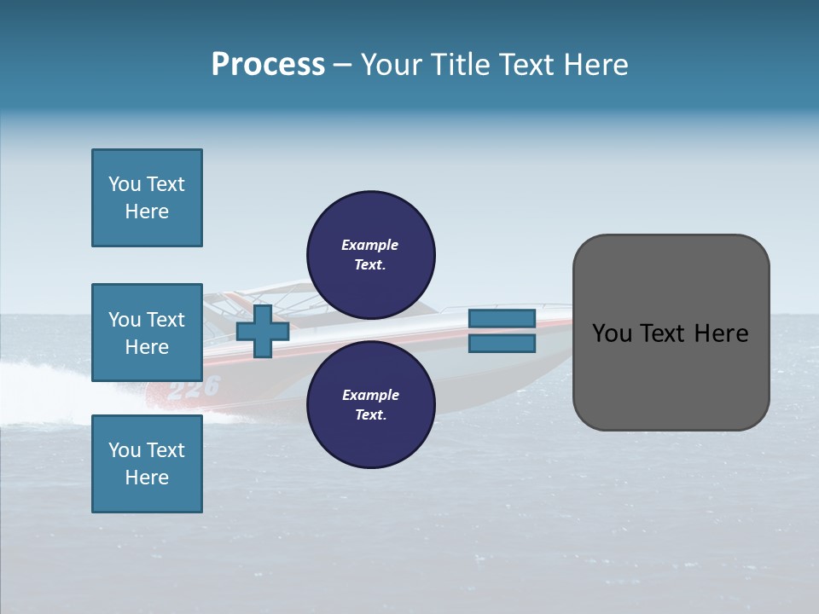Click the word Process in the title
pos(268,65)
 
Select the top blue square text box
pos(147,198)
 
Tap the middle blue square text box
pos(147,333)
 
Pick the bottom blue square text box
pos(147,464)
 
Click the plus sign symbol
pos(263,331)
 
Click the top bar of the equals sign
pos(502,318)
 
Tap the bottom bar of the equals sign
pos(502,344)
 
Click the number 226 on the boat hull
pos(194,389)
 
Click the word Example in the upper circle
pos(369,245)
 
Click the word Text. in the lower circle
pos(369,415)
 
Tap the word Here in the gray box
pos(720,333)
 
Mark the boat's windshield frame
pos(282,295)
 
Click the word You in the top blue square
pos(125,184)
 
